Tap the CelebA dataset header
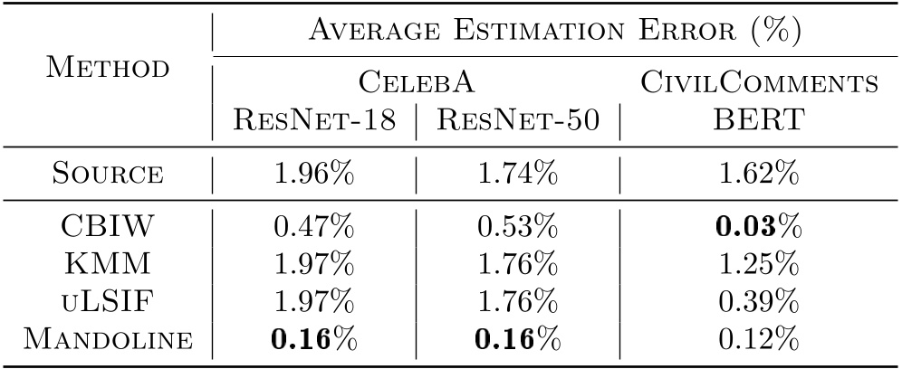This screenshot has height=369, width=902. click(415, 84)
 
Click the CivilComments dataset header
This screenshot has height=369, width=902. click(759, 84)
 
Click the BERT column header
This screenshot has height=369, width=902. click(759, 121)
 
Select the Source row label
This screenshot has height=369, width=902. click(107, 172)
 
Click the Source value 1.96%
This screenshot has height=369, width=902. click(312, 172)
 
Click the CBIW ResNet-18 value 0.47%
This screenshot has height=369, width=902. click(312, 226)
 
